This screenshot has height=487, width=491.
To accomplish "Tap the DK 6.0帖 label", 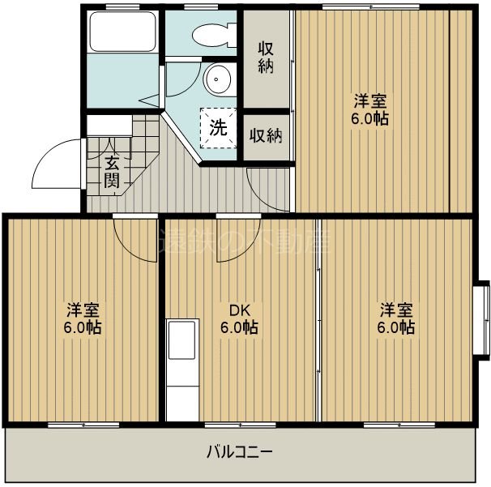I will point(238,319).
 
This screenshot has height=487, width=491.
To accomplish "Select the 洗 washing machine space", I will point(219,127).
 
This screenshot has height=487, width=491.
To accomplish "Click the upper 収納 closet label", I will point(266,56).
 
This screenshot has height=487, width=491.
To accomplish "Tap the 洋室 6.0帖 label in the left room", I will point(83,318).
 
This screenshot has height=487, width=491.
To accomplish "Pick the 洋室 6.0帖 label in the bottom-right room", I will point(397,318).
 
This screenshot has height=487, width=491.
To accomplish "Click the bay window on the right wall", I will point(482,319).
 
